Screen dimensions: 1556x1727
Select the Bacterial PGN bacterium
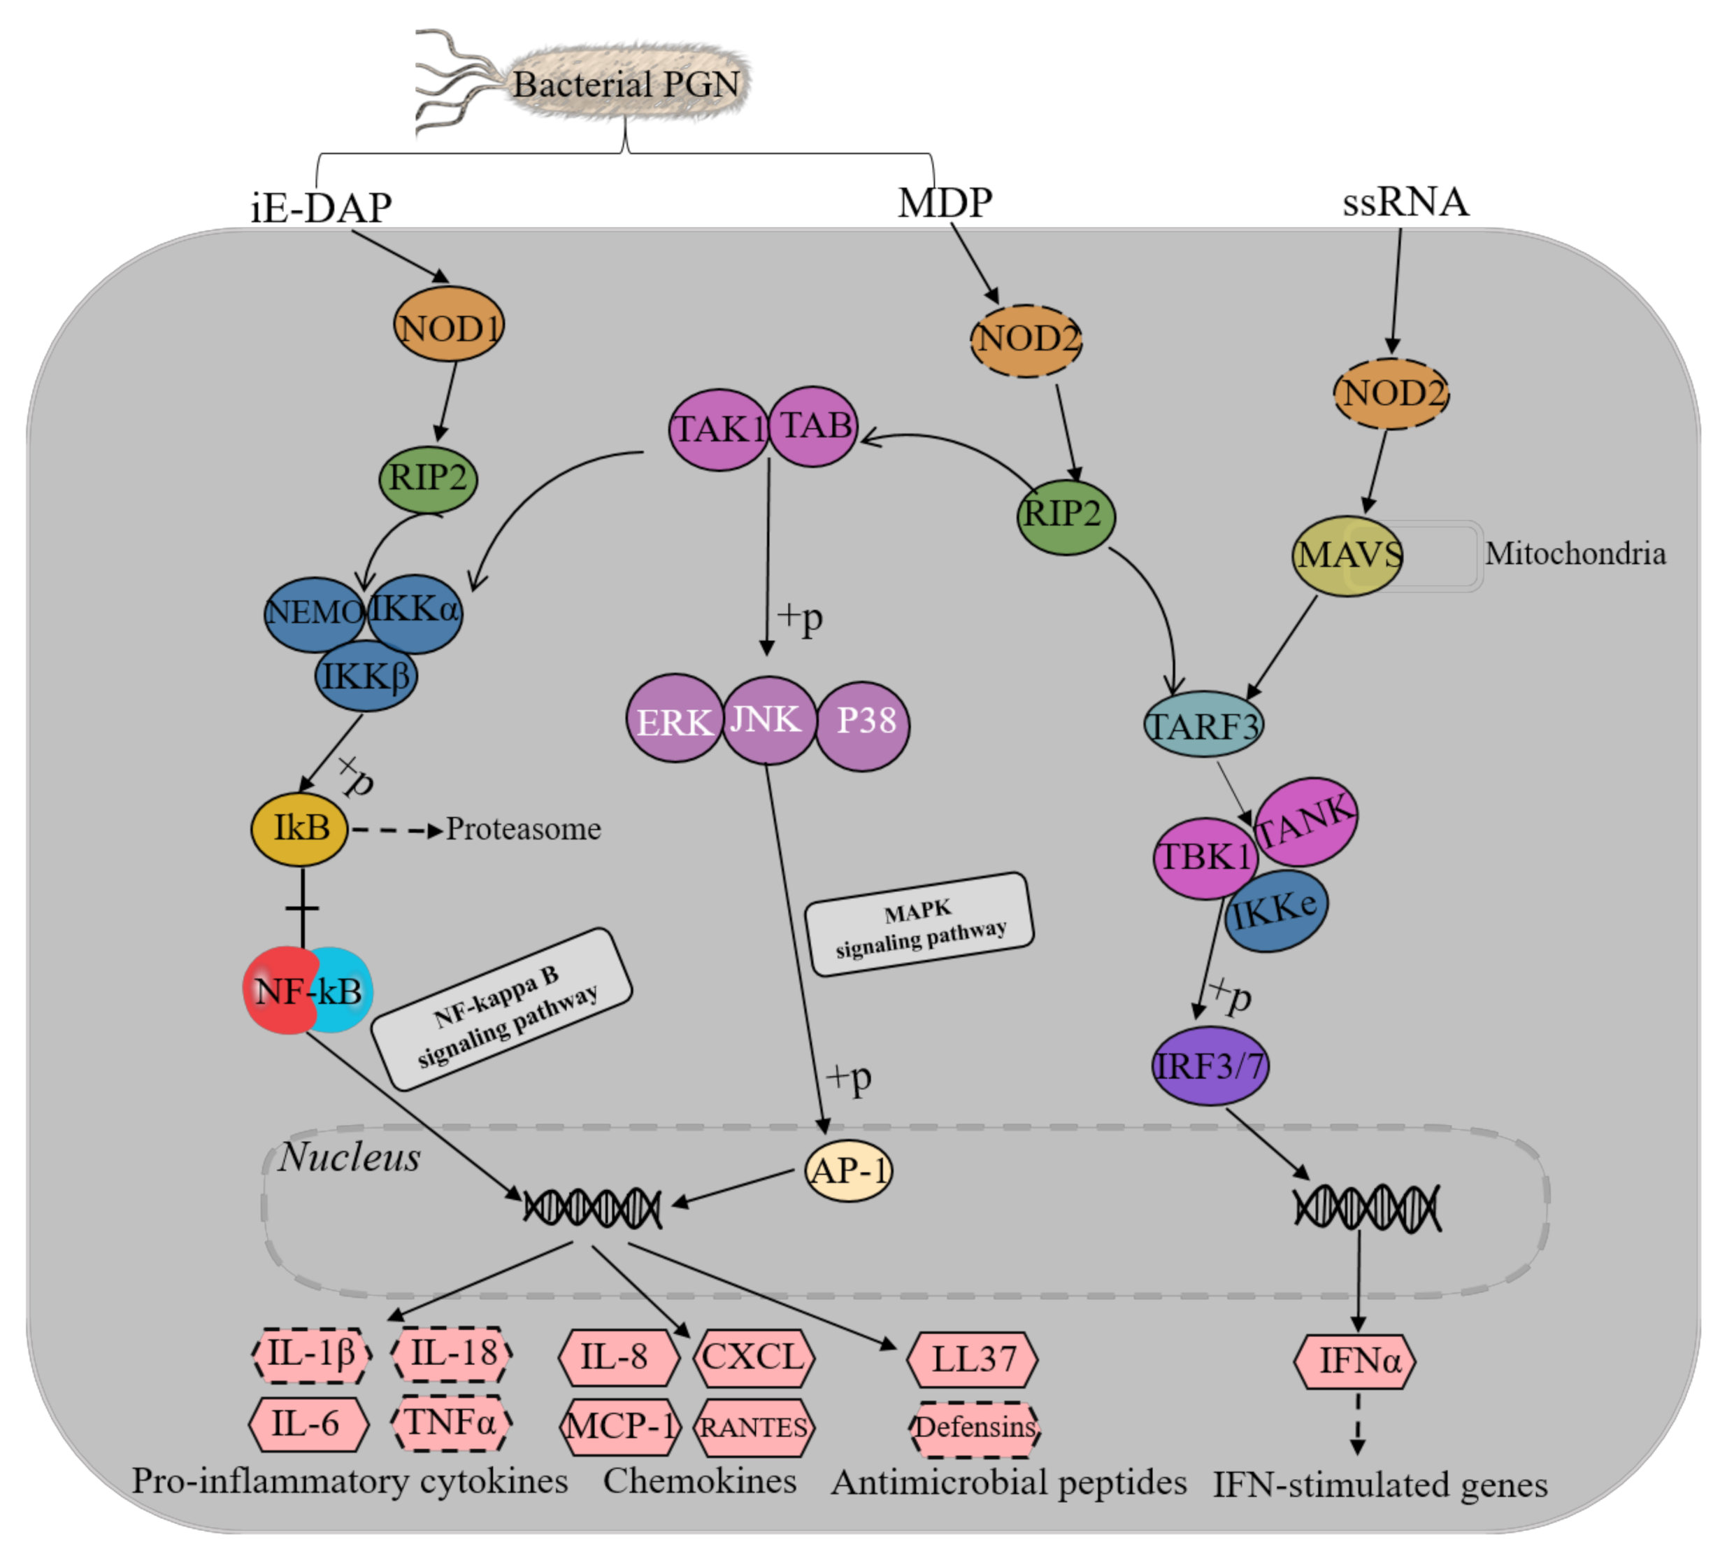click(x=626, y=84)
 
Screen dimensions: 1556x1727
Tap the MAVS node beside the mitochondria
click(x=1347, y=555)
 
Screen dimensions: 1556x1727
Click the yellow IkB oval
click(x=299, y=828)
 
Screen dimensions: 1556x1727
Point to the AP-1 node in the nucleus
click(x=847, y=1170)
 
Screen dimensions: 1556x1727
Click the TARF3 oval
click(x=1203, y=725)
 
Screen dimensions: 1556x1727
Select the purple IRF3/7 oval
click(x=1209, y=1066)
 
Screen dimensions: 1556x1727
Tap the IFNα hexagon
click(x=1357, y=1360)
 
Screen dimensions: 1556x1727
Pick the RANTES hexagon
click(x=754, y=1427)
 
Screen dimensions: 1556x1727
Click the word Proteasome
click(x=523, y=828)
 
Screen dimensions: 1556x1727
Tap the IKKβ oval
click(x=366, y=677)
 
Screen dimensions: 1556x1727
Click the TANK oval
click(x=1305, y=821)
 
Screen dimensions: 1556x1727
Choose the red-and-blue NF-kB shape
click(x=308, y=990)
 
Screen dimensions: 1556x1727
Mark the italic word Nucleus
click(x=349, y=1157)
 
